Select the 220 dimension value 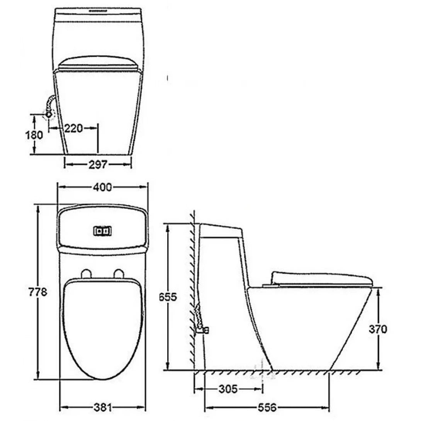(x=73, y=128)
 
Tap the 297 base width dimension (x=98, y=165)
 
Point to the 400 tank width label (x=102, y=187)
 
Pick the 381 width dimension (x=102, y=407)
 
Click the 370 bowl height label (x=378, y=329)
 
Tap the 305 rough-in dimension (x=228, y=389)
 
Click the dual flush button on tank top (x=102, y=231)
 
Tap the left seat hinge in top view (x=87, y=273)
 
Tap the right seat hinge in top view (x=119, y=273)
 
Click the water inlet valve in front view (x=49, y=114)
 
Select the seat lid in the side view (x=321, y=278)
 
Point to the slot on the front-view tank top (x=99, y=10)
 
